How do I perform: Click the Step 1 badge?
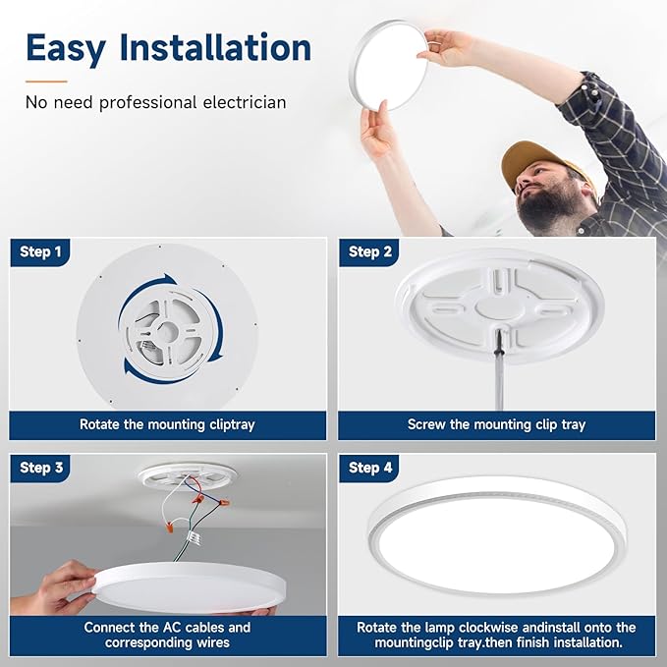click(40, 252)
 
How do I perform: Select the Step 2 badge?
click(369, 252)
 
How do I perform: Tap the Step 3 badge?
click(40, 468)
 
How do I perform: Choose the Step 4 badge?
click(369, 468)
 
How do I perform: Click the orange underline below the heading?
click(46, 81)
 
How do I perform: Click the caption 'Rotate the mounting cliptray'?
click(167, 425)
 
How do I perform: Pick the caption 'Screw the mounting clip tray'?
click(496, 425)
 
